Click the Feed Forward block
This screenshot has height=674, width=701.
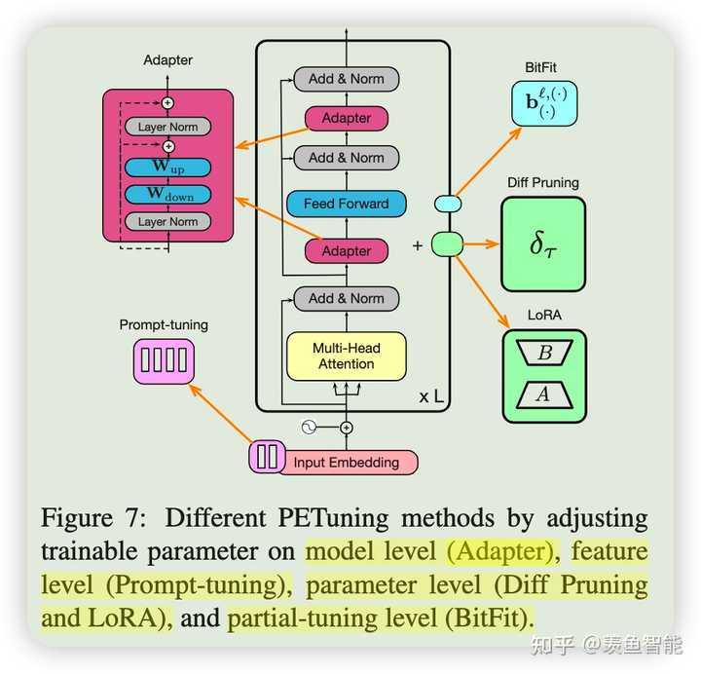coord(346,204)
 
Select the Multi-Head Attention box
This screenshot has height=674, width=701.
coord(346,356)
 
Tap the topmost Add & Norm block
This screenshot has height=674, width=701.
coord(346,79)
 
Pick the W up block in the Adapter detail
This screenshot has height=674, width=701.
coord(167,168)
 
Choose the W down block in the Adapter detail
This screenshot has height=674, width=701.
coord(167,195)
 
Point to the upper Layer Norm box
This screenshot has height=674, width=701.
coord(167,127)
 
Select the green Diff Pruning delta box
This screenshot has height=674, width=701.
coord(543,243)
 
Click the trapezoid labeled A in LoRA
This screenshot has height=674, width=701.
coord(544,393)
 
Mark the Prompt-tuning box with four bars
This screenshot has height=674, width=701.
coord(163,358)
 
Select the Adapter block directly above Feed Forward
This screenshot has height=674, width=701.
coord(346,118)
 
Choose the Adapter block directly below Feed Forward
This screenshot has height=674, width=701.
coord(346,250)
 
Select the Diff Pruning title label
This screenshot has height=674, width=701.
coord(542,182)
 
